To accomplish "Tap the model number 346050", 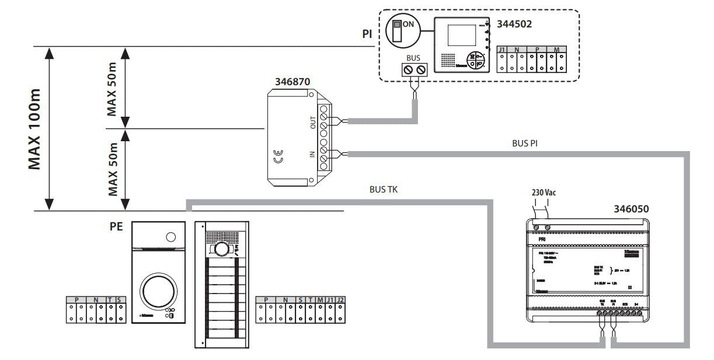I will (631, 208).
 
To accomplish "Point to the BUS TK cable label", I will (384, 190).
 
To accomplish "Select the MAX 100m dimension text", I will (37, 128).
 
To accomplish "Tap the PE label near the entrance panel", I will (116, 226).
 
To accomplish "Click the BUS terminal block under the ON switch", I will (415, 70).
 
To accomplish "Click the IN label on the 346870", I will (313, 155).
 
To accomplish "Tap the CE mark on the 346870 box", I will (278, 157).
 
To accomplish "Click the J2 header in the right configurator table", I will (341, 299).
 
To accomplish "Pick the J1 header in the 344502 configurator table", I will (501, 50).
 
